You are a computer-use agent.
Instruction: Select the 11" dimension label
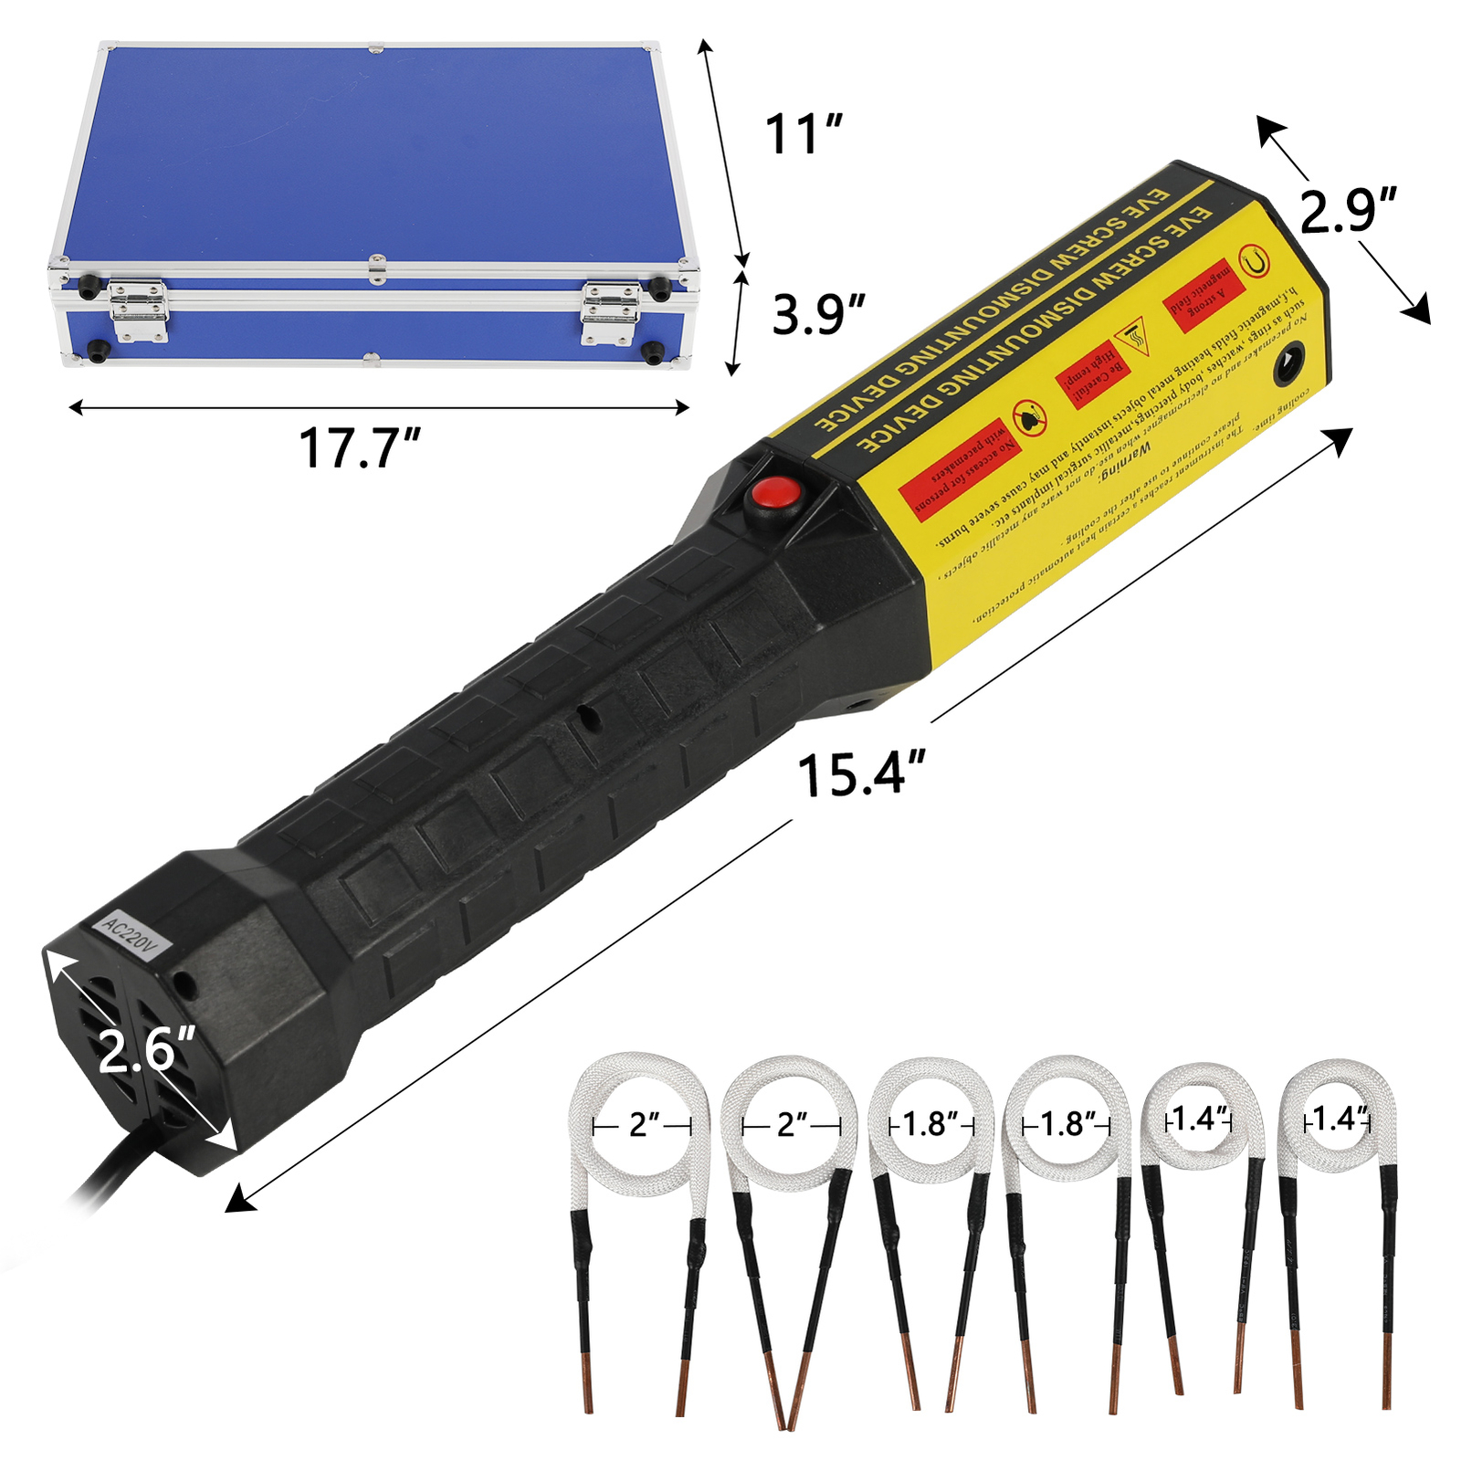(803, 135)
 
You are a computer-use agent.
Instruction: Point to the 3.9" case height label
(817, 315)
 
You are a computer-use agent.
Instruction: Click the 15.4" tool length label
(861, 775)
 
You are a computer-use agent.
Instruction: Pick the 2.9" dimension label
(1347, 211)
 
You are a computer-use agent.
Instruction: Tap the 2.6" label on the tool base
(146, 1050)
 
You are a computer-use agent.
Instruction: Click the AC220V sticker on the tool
(129, 937)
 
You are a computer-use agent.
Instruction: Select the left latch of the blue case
(138, 311)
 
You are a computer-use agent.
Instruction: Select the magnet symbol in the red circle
(1255, 262)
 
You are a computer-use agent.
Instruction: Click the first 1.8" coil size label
(930, 1124)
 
